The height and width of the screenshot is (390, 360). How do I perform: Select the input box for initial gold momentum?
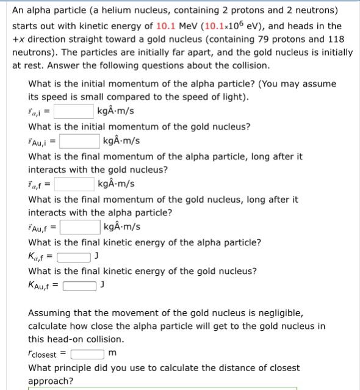point(80,141)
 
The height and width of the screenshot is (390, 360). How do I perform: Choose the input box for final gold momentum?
point(80,228)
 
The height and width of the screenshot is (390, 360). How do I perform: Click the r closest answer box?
point(87,354)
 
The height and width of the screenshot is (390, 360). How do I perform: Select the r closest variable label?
point(42,355)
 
